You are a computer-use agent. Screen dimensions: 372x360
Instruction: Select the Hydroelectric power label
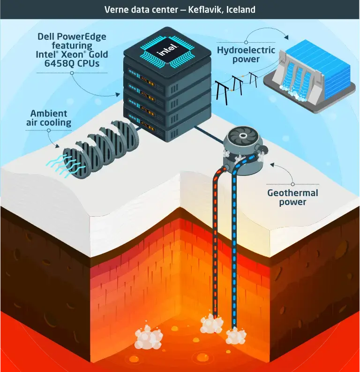pyautogui.click(x=239, y=54)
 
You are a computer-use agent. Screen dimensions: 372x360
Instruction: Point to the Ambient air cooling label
pyautogui.click(x=49, y=118)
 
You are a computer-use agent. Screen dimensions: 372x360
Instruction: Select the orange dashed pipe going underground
pyautogui.click(x=216, y=244)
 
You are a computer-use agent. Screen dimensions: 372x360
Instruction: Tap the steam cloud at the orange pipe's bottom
pyautogui.click(x=211, y=324)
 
